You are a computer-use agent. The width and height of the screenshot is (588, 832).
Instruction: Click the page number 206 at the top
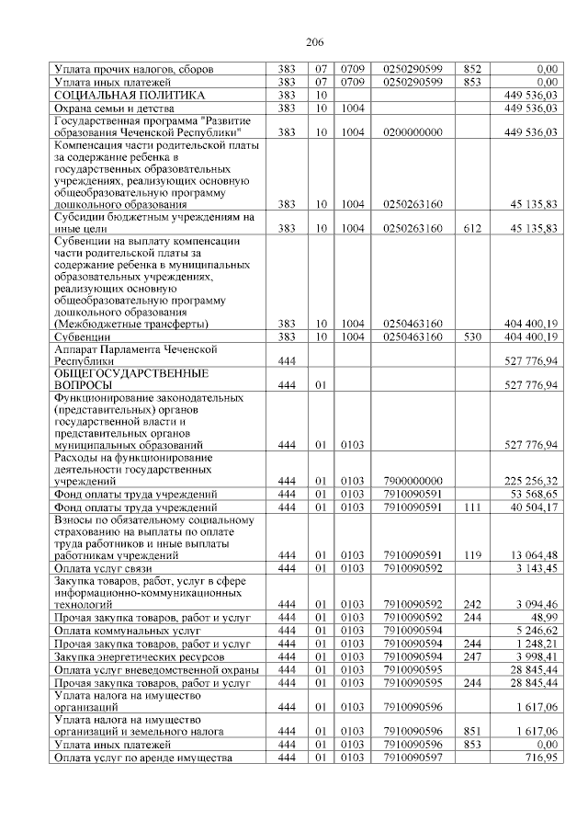tap(314, 42)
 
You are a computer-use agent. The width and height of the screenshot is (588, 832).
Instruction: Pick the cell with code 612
tap(472, 227)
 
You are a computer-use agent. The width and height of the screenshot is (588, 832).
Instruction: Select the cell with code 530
tap(472, 336)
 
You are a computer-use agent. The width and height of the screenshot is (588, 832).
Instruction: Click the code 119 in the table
tap(472, 555)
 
